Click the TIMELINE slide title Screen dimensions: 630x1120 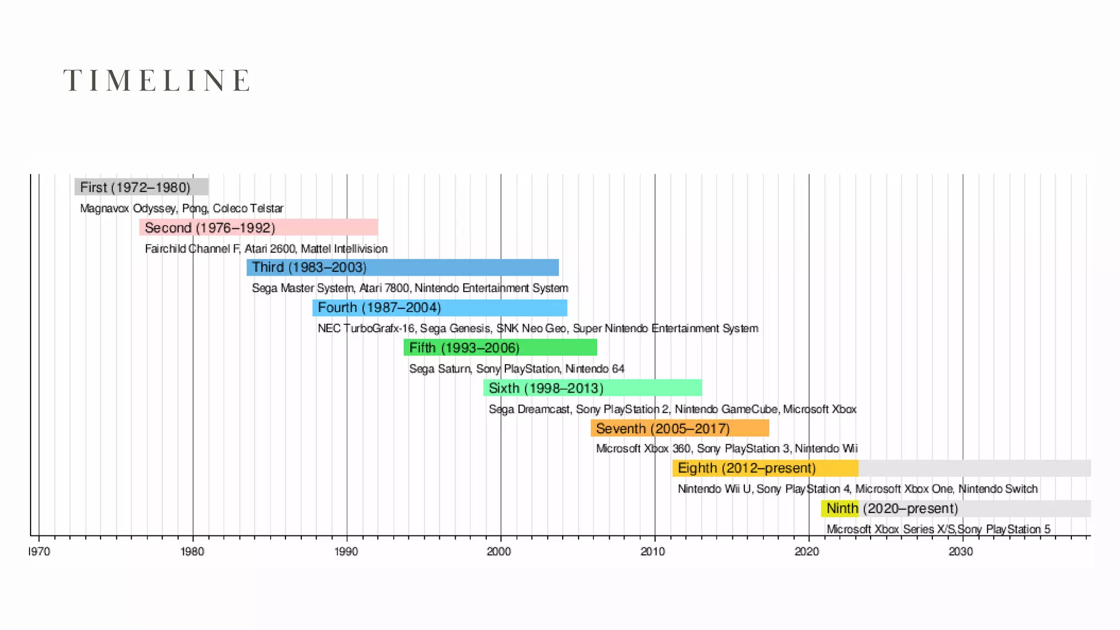point(157,80)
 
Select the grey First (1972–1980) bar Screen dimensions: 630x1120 point(141,187)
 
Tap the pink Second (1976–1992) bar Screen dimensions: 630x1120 point(258,227)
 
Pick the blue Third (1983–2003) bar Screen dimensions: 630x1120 point(402,267)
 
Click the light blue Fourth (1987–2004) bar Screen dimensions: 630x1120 point(440,308)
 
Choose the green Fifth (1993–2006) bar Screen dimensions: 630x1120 point(500,348)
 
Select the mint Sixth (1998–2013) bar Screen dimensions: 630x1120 point(592,388)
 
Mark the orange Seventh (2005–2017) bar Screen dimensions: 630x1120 point(680,428)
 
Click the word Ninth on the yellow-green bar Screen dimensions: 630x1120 point(842,509)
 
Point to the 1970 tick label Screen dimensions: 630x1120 point(39,551)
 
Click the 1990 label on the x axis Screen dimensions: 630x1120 point(346,551)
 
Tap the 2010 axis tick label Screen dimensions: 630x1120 point(653,551)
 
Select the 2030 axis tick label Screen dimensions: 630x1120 point(961,551)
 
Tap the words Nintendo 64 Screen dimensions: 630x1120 point(594,369)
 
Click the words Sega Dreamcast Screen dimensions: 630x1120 point(529,410)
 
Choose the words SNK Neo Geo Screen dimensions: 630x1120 point(531,329)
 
